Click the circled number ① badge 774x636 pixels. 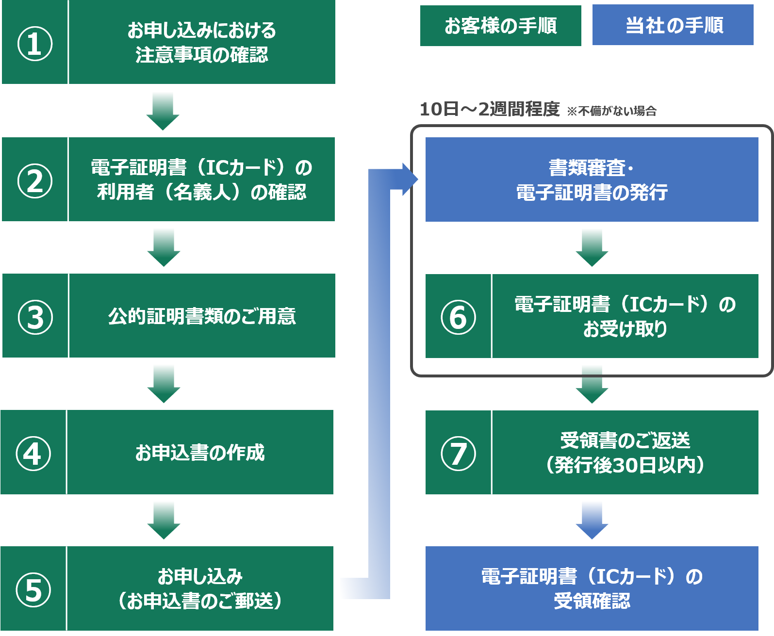pos(35,43)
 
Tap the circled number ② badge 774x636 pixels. pos(35,180)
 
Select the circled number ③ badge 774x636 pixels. pos(35,317)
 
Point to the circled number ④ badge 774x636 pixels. pos(33,453)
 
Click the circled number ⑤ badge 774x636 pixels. pos(33,589)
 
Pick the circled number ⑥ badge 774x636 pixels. pos(458,317)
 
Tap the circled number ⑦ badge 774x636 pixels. pos(458,453)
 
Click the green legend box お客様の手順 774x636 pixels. pos(500,26)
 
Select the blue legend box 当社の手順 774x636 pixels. pos(673,25)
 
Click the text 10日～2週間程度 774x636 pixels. pos(489,109)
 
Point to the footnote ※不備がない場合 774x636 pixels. pos(611,111)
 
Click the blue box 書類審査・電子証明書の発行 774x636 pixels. pos(592,179)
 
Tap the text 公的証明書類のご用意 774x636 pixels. pos(202,316)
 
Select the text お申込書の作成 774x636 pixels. pos(199,453)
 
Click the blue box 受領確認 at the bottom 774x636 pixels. pos(592,588)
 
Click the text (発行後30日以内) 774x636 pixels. pos(625,465)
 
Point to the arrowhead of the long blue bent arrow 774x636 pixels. pos(411,179)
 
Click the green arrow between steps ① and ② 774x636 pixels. pos(163,111)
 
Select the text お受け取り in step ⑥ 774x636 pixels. pos(625,329)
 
